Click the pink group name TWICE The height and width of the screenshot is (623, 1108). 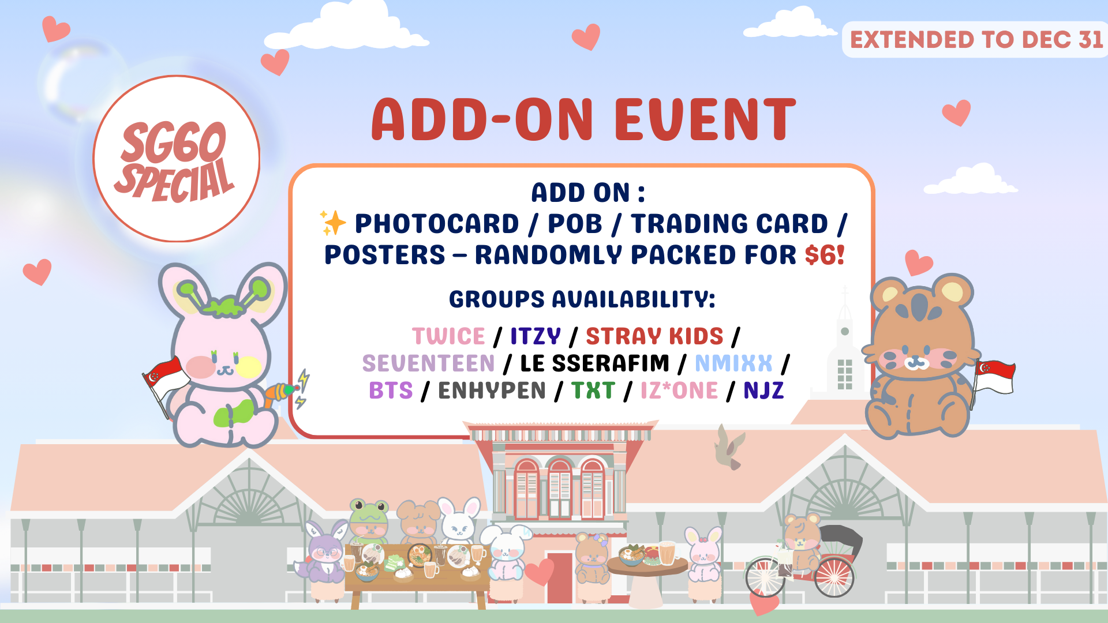pyautogui.click(x=448, y=336)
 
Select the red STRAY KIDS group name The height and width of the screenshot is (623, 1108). pyautogui.click(x=654, y=336)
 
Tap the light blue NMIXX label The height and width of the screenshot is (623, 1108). pyautogui.click(x=733, y=363)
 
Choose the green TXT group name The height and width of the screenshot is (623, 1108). pyautogui.click(x=593, y=391)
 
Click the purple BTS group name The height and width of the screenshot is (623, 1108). pyautogui.click(x=391, y=391)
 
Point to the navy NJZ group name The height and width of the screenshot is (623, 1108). pyautogui.click(x=763, y=391)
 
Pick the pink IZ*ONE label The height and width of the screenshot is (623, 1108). pyautogui.click(x=679, y=391)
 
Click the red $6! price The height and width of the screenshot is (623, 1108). pyautogui.click(x=825, y=255)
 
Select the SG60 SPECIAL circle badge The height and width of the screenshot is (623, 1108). pyautogui.click(x=176, y=159)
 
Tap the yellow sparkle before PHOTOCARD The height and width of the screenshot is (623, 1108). pyautogui.click(x=333, y=223)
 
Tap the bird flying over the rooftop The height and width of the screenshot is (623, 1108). pyautogui.click(x=729, y=448)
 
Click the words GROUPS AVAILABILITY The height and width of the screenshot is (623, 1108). pyautogui.click(x=582, y=299)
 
